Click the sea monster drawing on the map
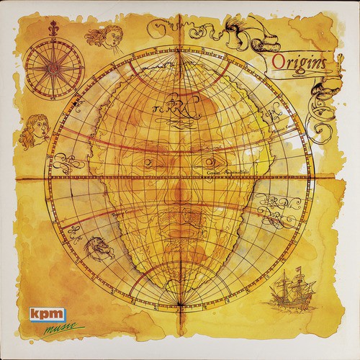click(97, 248)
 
